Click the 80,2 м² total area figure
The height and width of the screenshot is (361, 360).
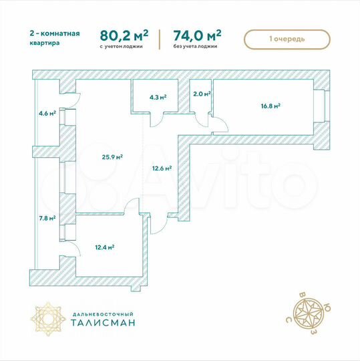point(124,35)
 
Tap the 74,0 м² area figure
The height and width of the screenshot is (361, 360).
point(197,35)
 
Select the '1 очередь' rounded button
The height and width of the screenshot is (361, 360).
point(287,39)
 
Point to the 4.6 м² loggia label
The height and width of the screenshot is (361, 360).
point(47,113)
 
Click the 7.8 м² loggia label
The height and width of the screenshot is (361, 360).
point(47,217)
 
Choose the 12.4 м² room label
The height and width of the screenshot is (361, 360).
point(104,247)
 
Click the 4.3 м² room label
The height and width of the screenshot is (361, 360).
point(158,97)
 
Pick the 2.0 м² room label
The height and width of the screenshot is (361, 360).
point(201,95)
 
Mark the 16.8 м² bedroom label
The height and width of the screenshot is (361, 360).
point(270,105)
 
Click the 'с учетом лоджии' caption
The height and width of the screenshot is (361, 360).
point(122,48)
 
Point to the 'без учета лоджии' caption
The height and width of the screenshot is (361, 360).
point(196,48)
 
